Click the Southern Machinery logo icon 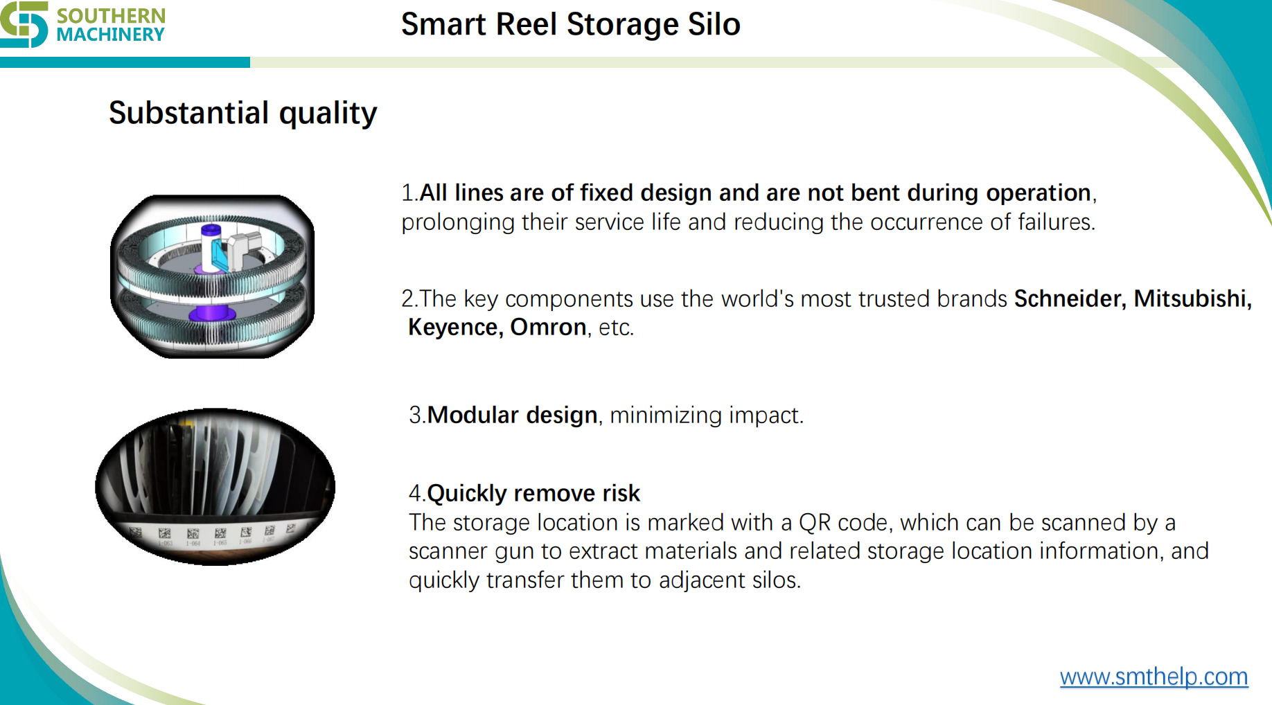(24, 24)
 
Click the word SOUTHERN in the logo (111, 15)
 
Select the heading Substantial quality (242, 113)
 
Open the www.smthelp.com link (1154, 677)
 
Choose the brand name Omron (548, 327)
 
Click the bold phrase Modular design (512, 415)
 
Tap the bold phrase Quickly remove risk (533, 493)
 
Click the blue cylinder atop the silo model (211, 230)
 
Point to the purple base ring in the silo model (212, 314)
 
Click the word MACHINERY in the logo (111, 35)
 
